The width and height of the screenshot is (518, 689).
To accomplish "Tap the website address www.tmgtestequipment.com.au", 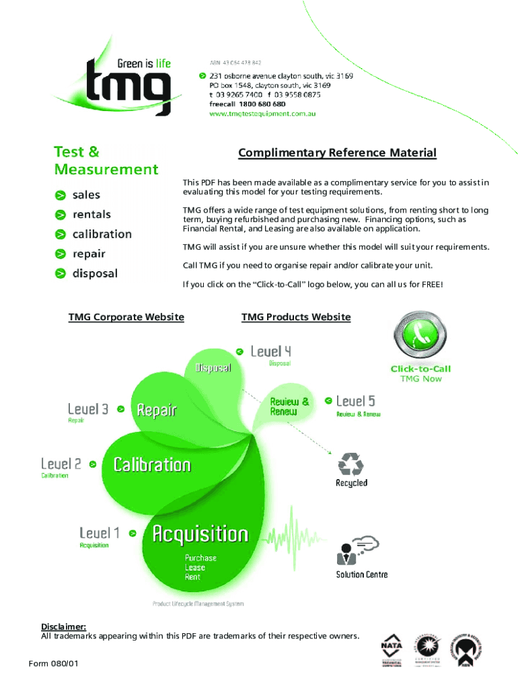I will (262, 114).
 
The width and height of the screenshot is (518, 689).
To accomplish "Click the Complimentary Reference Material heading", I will (337, 153).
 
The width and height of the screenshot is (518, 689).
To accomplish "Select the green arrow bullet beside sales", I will (61, 195).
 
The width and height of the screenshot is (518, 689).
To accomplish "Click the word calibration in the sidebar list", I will (102, 234).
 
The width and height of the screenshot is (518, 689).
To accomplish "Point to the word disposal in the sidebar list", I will (95, 273).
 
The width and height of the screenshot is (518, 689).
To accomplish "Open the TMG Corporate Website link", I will (126, 317).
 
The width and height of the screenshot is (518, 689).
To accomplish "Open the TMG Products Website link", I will (296, 317).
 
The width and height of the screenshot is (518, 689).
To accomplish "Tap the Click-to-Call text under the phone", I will (420, 369).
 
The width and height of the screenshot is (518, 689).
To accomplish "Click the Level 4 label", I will (270, 351).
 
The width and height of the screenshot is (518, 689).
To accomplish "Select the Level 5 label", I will (355, 401).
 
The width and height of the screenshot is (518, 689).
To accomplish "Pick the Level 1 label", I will (100, 533).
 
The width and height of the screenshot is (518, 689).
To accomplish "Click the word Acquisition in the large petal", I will (200, 534).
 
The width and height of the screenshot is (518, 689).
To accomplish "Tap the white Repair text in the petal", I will (156, 409).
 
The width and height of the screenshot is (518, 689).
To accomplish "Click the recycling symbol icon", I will (350, 464).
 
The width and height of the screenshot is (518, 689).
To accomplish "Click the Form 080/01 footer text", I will (54, 664).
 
